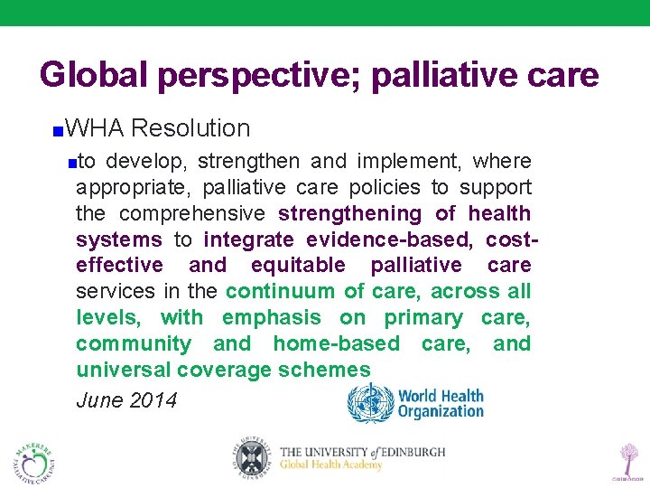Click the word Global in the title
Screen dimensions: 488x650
click(x=95, y=75)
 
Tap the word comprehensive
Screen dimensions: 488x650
click(x=192, y=214)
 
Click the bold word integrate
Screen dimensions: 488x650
click(x=249, y=240)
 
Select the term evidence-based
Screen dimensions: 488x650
click(x=390, y=240)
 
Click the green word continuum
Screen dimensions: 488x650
click(x=282, y=291)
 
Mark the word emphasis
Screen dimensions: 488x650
click(x=272, y=317)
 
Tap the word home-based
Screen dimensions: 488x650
click(x=336, y=343)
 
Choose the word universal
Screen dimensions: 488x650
click(x=123, y=370)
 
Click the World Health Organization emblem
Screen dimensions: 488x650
click(x=370, y=403)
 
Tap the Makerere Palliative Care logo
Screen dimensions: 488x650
click(x=34, y=461)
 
